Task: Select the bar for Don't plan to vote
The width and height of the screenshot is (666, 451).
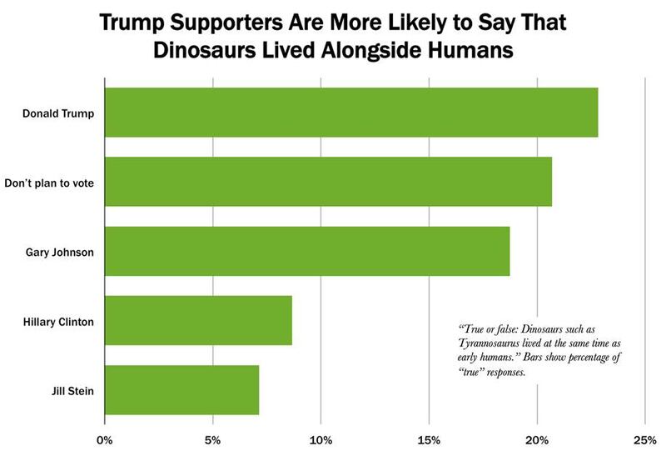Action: [328, 181]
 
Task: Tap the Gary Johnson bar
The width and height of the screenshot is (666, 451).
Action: [306, 250]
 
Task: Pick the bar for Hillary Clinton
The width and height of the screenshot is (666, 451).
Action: [198, 320]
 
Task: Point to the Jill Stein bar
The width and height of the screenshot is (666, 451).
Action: [181, 389]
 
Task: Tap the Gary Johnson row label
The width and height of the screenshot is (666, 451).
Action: [64, 250]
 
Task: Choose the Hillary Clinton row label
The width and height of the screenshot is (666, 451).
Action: [60, 320]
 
